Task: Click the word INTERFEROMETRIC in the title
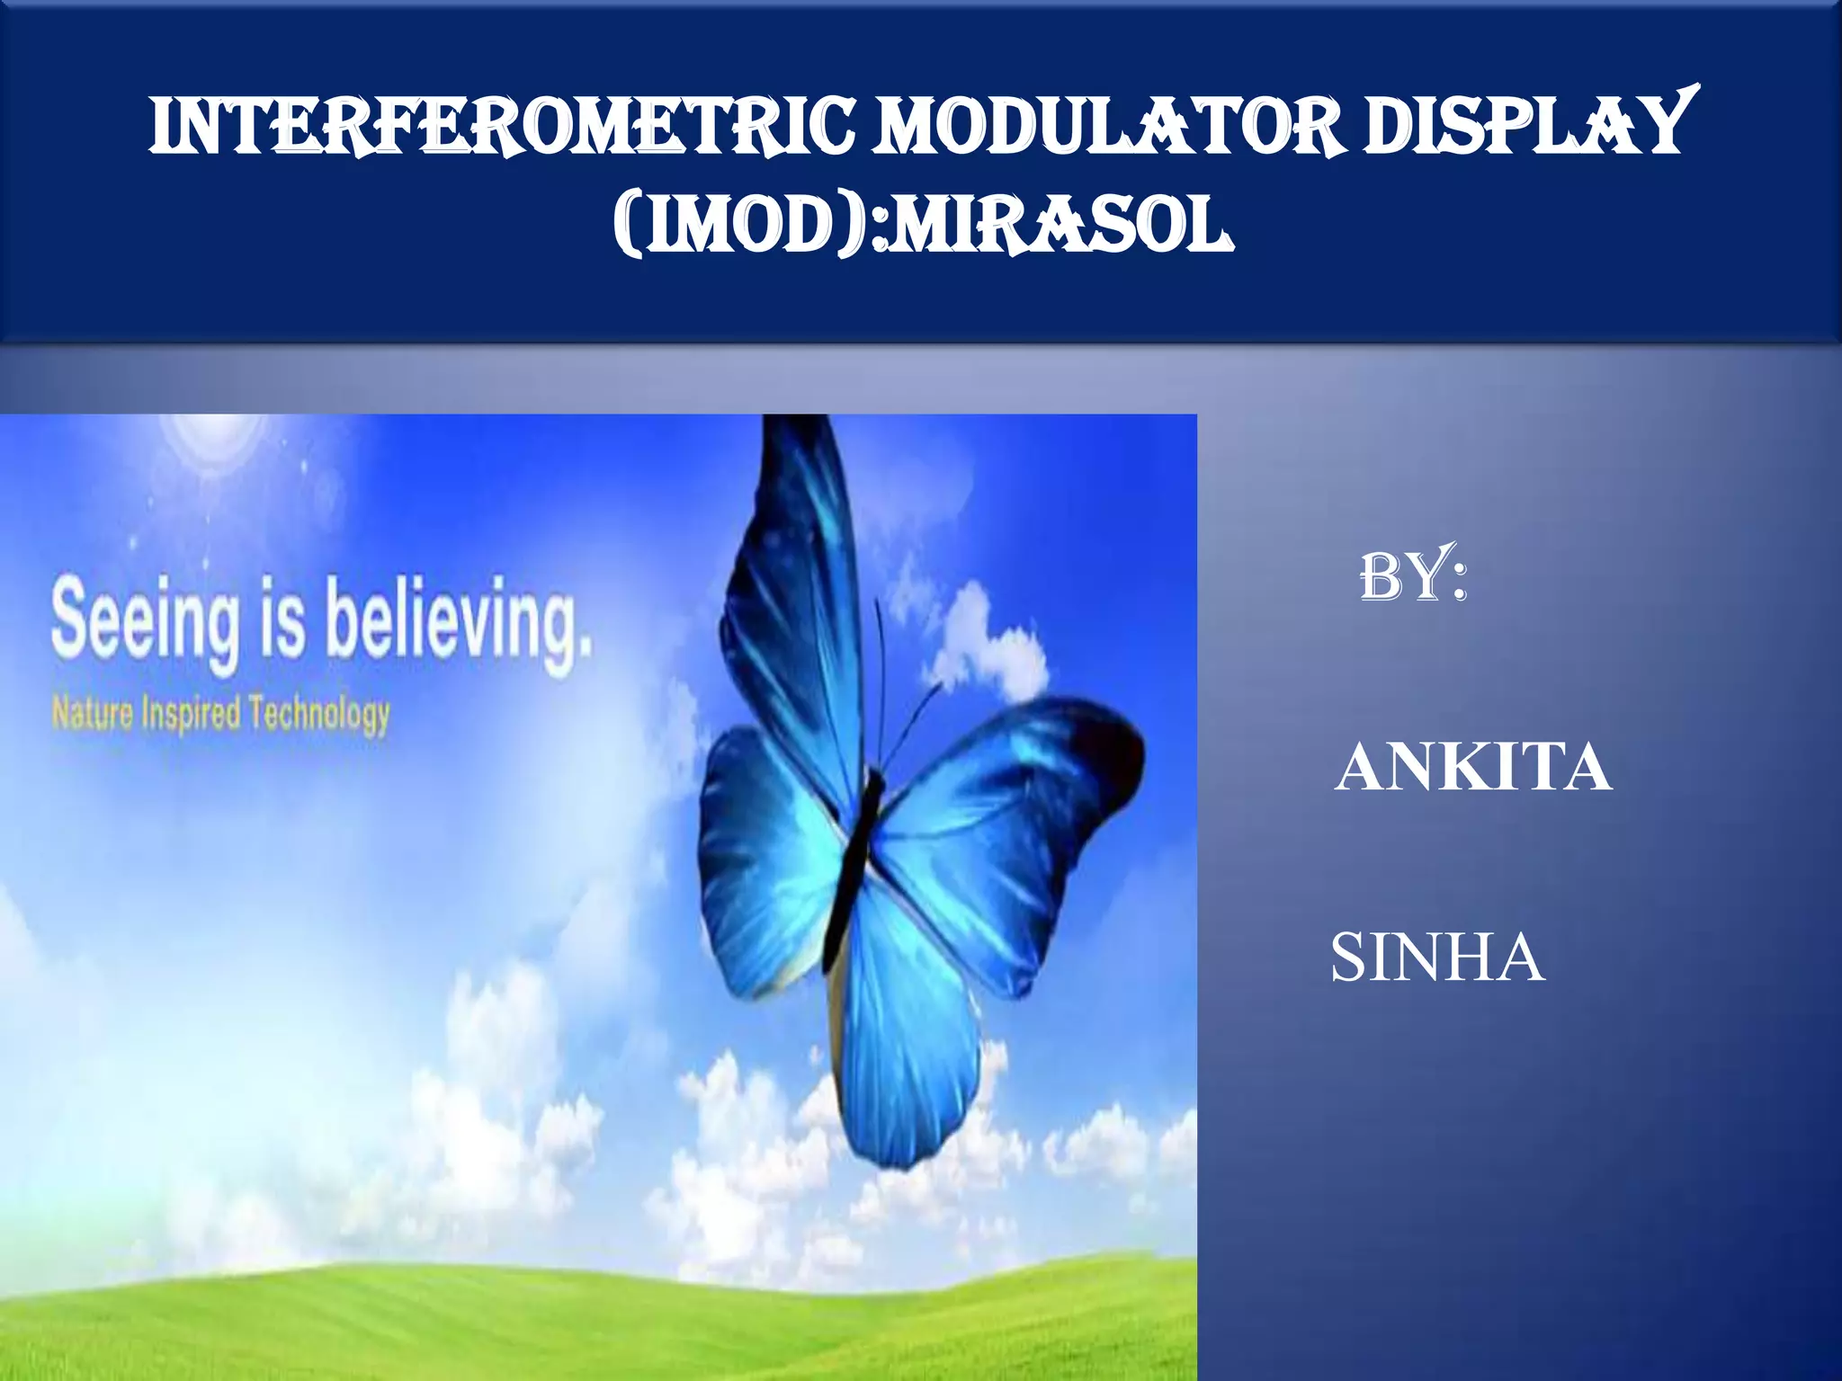pos(504,126)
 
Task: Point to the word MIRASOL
pos(1061,227)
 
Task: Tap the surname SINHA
pos(1437,957)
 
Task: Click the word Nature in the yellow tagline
pos(93,713)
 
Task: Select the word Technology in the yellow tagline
pos(319,715)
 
